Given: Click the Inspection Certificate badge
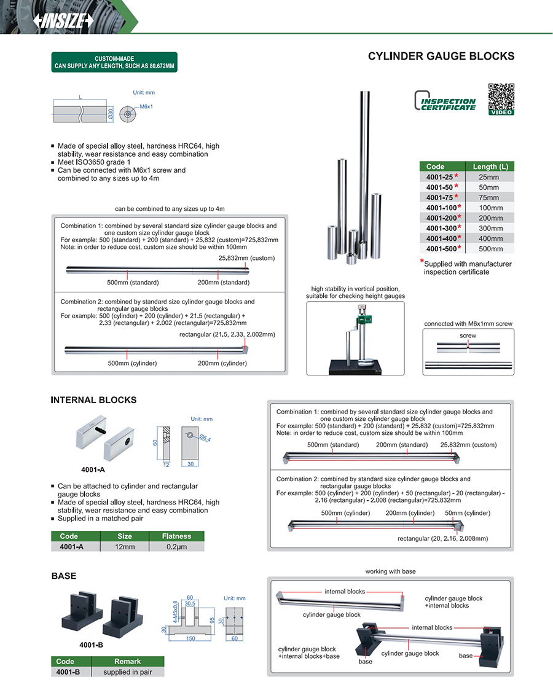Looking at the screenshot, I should tap(445, 101).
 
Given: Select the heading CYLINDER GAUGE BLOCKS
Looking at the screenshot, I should tap(441, 57).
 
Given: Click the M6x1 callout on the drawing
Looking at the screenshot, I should tap(146, 107).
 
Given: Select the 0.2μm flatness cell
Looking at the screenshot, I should tap(176, 546).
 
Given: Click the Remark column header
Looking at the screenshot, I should tap(127, 661).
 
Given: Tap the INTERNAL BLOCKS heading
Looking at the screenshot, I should tap(93, 400).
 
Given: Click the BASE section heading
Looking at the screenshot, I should tap(64, 576).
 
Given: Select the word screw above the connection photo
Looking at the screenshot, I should tap(468, 336).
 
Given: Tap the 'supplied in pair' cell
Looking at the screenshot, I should tap(127, 672).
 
